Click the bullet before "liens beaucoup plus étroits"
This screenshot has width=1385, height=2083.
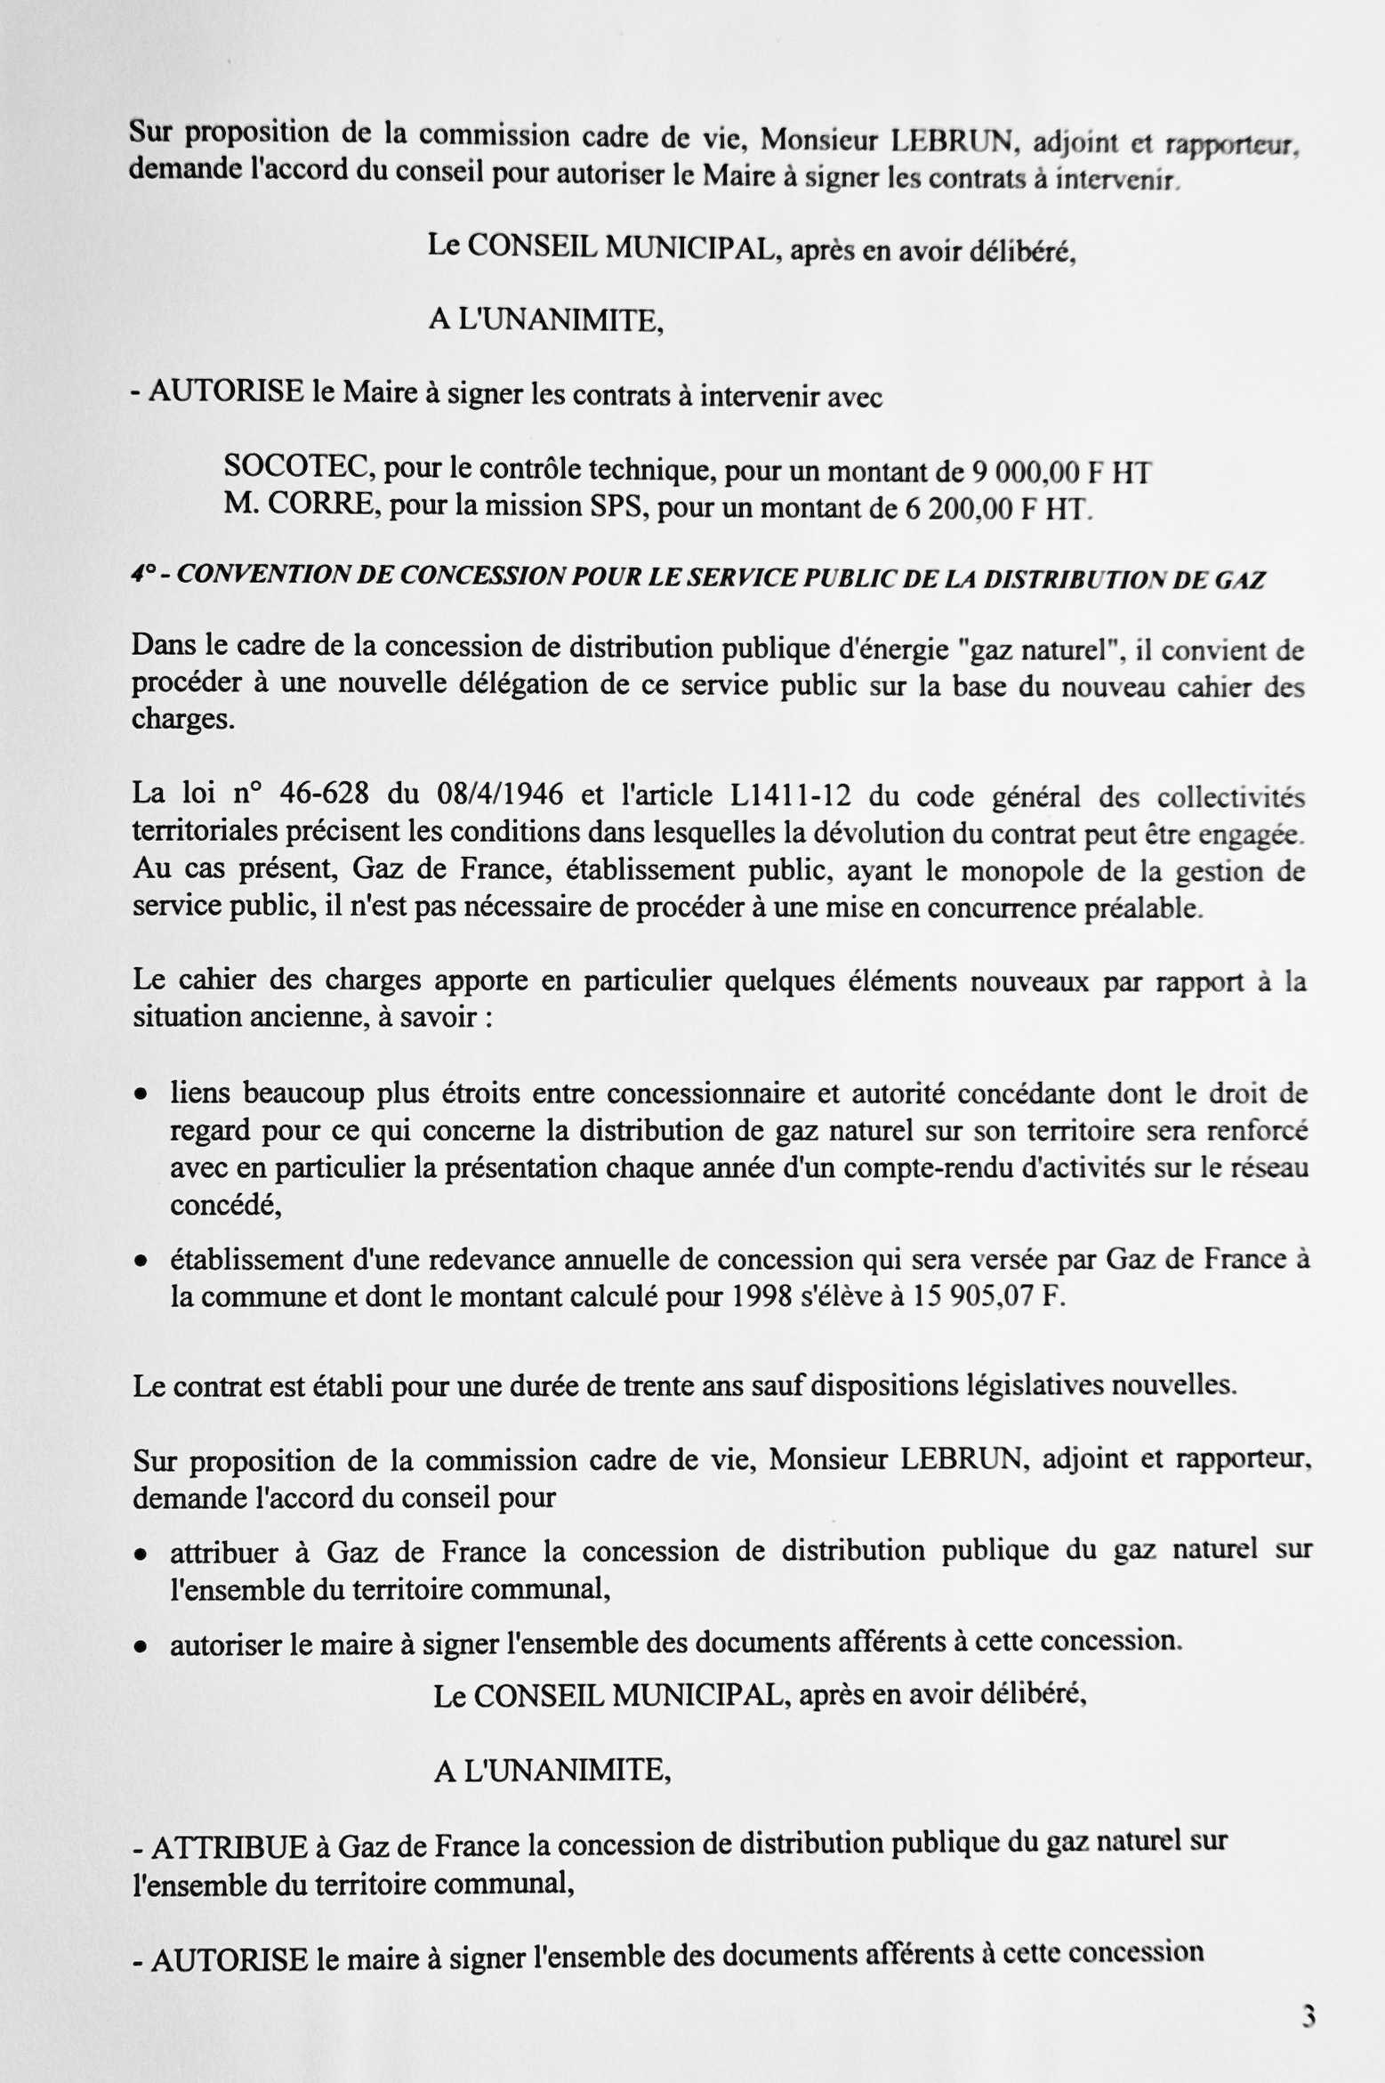pos(141,1095)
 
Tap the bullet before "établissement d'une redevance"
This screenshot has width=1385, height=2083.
pos(141,1262)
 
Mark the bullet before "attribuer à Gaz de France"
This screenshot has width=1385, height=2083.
pos(141,1554)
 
